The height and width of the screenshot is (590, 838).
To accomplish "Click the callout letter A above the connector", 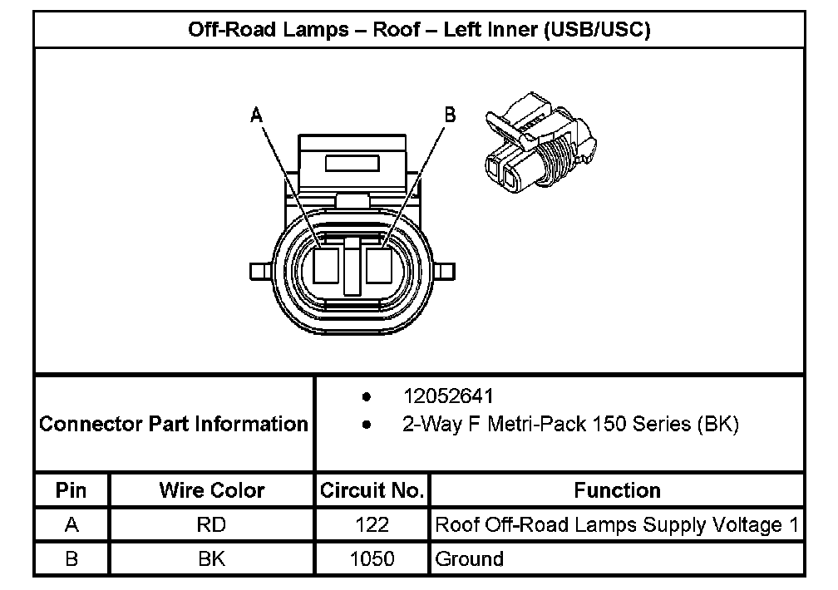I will pyautogui.click(x=257, y=116).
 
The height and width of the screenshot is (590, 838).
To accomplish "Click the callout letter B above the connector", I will pyautogui.click(x=450, y=115).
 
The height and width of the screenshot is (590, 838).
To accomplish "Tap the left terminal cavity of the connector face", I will pyautogui.click(x=326, y=267).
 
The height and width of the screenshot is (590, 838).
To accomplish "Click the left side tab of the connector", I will pyautogui.click(x=259, y=272).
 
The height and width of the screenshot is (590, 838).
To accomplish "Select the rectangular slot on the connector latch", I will pyautogui.click(x=352, y=162).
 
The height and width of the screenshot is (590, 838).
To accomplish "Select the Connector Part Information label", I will pyautogui.click(x=174, y=424).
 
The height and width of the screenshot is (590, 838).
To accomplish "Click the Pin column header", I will pyautogui.click(x=71, y=490).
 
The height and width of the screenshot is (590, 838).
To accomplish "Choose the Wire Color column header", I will pyautogui.click(x=212, y=490).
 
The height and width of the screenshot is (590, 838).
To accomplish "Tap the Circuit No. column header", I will pyautogui.click(x=372, y=490).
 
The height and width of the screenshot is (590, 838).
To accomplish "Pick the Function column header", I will pyautogui.click(x=617, y=490).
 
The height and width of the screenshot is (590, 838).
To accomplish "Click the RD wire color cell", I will pyautogui.click(x=212, y=525).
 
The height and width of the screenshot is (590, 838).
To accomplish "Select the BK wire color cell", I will pyautogui.click(x=212, y=558).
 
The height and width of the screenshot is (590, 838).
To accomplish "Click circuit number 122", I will pyautogui.click(x=372, y=525).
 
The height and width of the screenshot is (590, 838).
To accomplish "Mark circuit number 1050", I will pyautogui.click(x=372, y=558).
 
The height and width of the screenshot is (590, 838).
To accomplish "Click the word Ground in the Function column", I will pyautogui.click(x=470, y=558).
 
